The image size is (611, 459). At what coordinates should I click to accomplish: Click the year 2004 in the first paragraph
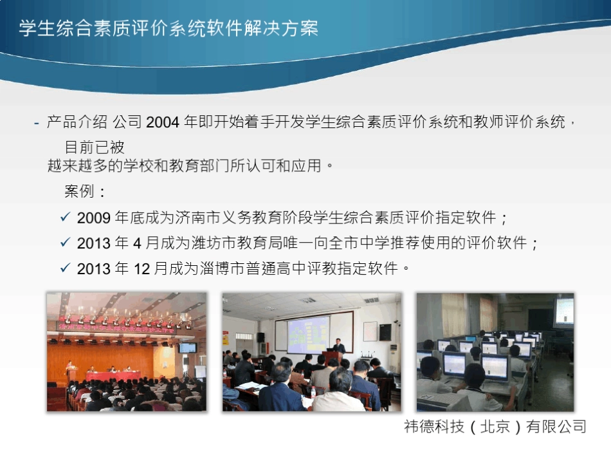163,122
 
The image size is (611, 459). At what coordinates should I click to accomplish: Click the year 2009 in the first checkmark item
94,218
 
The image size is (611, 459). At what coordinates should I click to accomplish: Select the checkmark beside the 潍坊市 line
65,242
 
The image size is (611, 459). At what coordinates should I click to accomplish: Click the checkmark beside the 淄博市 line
65,268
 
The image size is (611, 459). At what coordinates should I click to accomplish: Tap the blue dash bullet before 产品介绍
37,122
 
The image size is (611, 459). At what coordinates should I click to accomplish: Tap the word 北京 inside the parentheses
495,426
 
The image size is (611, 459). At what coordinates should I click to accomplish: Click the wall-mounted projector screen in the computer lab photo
564,312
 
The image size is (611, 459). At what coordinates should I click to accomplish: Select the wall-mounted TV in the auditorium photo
187,348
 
